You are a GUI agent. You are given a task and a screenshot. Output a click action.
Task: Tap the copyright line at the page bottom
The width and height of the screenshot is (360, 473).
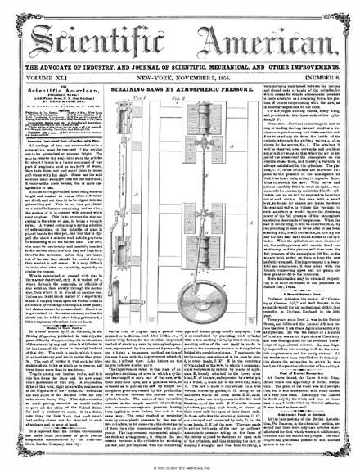click(180, 467)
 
